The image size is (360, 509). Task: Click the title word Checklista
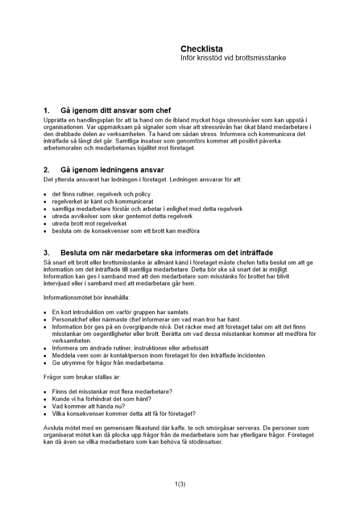[201, 49]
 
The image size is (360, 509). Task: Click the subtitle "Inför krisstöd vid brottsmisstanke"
[233, 58]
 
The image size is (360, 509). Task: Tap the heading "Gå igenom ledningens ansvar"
[112, 169]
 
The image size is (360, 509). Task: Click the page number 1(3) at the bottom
[180, 484]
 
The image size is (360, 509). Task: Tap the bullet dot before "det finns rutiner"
[45, 194]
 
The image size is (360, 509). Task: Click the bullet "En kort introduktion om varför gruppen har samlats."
[121, 312]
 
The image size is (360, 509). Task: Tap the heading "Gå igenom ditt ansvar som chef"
[116, 110]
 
